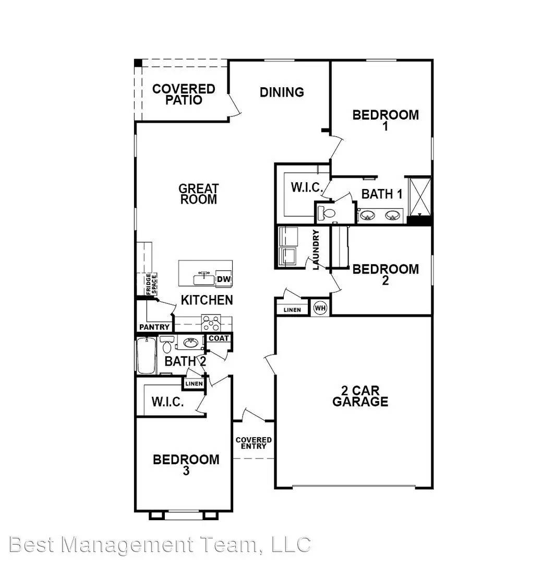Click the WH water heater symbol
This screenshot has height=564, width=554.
pos(320,308)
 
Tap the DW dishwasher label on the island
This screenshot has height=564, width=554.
pos(224,280)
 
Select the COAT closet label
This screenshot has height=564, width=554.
pos(218,338)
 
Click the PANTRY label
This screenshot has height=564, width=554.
pos(154,327)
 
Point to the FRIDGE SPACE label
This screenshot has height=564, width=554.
pos(151,285)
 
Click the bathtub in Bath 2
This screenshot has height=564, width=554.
pos(146,356)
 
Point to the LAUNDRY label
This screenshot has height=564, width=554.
pos(316,250)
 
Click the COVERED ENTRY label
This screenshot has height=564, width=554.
pos(254,443)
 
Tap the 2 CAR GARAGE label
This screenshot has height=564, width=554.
pos(360,396)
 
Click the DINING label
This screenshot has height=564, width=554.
pos(282,92)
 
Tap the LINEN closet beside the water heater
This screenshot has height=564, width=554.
pos(292,310)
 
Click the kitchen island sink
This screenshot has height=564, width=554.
pos(204,279)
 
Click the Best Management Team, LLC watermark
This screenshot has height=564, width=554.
pos(160,544)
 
